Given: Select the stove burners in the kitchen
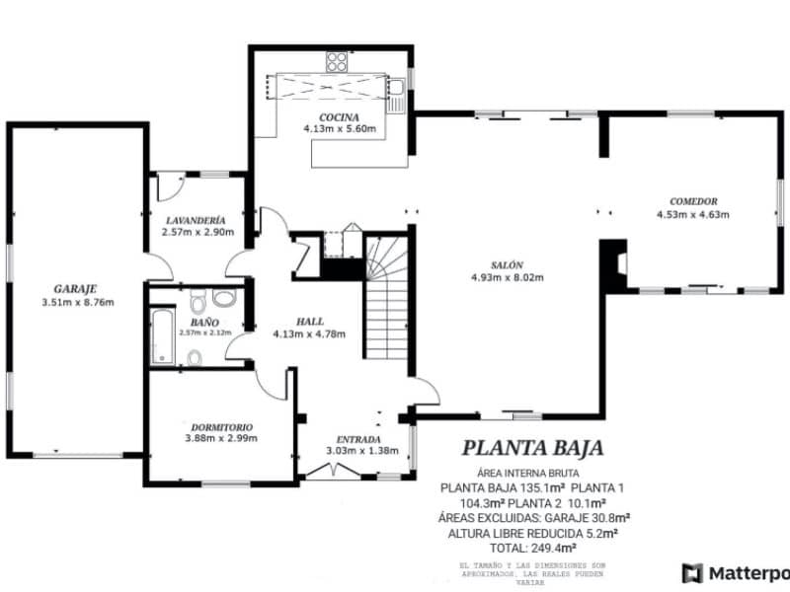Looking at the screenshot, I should pyautogui.click(x=337, y=61).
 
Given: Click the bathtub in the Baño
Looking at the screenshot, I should pyautogui.click(x=163, y=336).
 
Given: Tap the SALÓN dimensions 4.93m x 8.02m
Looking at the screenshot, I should pyautogui.click(x=508, y=277).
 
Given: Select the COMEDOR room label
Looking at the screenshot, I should pyautogui.click(x=692, y=200).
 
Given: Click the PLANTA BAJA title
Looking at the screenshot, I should pyautogui.click(x=532, y=448).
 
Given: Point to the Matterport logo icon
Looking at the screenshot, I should pyautogui.click(x=692, y=572).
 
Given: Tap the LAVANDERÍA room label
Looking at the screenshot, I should pyautogui.click(x=197, y=220).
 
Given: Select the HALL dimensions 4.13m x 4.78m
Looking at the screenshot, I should pyautogui.click(x=309, y=333).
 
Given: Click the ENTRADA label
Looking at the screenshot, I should pyautogui.click(x=361, y=438).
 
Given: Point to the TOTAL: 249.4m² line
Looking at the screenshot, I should pyautogui.click(x=532, y=547).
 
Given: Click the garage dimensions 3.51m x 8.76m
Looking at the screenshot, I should pyautogui.click(x=77, y=301).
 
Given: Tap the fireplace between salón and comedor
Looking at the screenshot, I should pyautogui.click(x=615, y=264).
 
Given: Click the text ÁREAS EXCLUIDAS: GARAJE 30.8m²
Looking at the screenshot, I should pyautogui.click(x=532, y=517).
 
